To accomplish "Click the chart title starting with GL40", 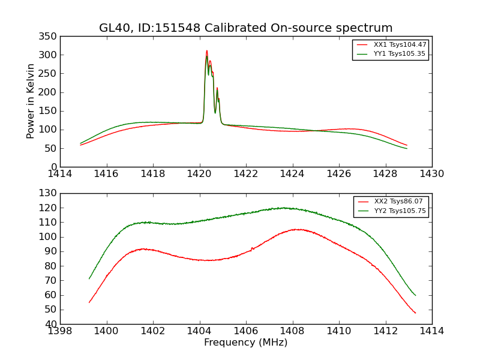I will (x=246, y=28).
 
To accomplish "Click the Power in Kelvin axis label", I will (x=31, y=101).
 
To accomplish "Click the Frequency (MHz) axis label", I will (x=246, y=343).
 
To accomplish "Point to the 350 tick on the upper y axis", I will (x=49, y=37).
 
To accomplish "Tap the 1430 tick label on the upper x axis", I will (x=431, y=174).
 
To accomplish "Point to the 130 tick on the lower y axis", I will (x=49, y=193).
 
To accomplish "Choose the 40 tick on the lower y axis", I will (x=52, y=324).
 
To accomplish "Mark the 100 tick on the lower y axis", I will (x=49, y=237).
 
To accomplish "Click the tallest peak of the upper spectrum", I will (x=206, y=51).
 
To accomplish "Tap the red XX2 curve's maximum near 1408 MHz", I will (x=295, y=229).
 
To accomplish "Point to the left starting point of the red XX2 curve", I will (x=89, y=302).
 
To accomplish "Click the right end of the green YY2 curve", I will (x=415, y=295).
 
